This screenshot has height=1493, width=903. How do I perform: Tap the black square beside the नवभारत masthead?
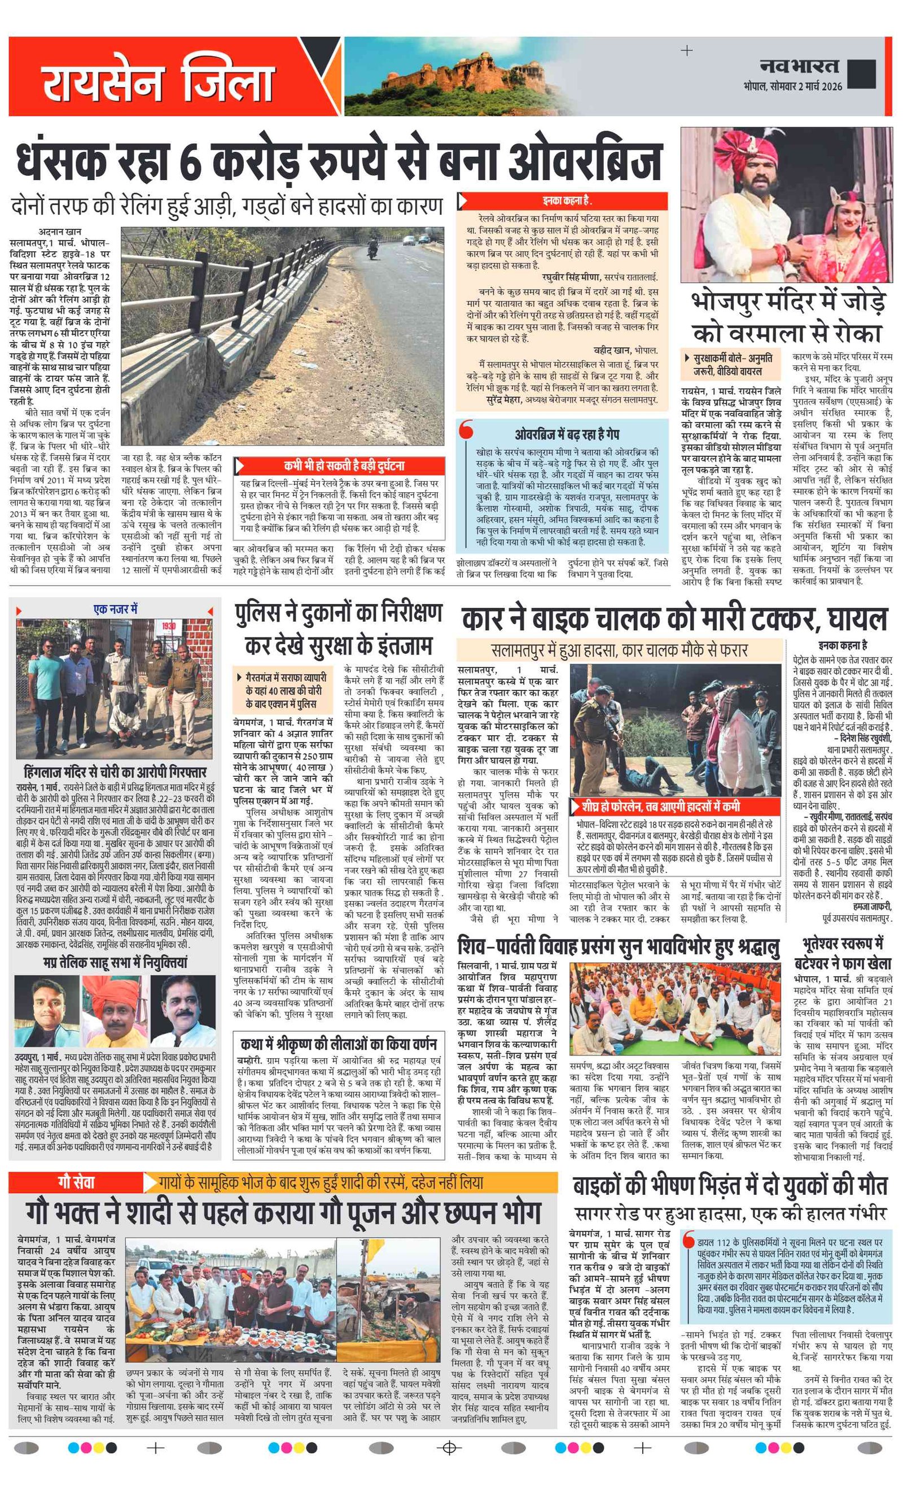coord(861,74)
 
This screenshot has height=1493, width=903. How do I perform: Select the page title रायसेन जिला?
coord(157,82)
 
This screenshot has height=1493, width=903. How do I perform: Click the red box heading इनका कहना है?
coord(567,200)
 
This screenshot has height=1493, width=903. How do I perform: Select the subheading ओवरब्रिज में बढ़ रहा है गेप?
coord(567,434)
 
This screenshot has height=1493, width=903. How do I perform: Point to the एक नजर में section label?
coord(115,609)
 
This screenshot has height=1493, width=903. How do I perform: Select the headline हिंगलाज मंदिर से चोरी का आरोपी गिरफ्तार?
coord(115,772)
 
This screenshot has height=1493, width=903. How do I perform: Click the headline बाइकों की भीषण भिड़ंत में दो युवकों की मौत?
coord(730,1186)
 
